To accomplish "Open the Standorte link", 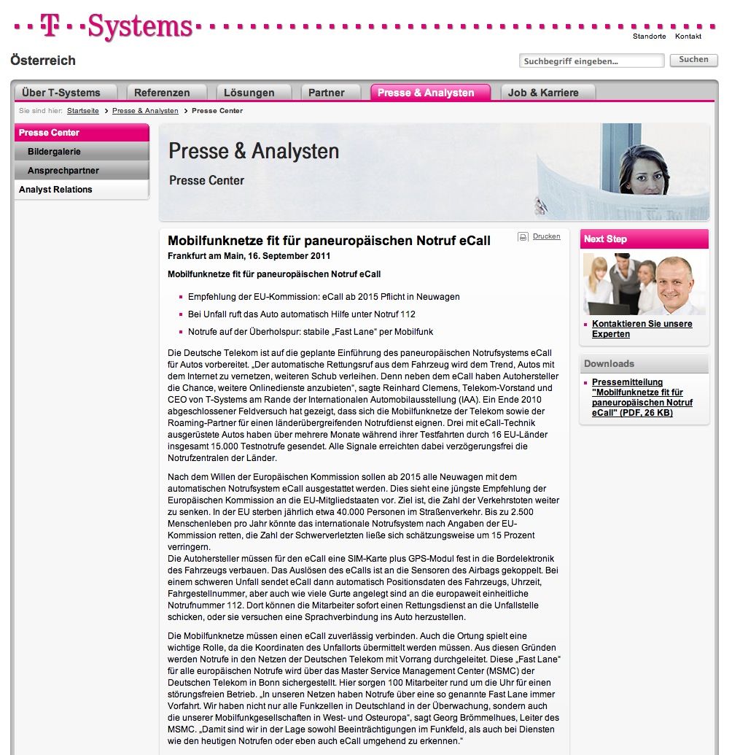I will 649,36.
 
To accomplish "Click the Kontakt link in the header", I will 688,36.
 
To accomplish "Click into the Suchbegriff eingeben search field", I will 591,61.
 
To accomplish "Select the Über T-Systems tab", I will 61,93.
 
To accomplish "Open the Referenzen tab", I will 162,93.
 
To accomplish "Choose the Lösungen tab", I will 249,93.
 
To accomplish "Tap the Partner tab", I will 327,93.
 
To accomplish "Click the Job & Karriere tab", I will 543,93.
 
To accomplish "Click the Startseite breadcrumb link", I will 82,111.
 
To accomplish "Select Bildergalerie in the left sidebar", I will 54,152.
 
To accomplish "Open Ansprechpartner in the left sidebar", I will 63,171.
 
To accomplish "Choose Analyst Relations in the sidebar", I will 55,190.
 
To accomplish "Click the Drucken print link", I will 546,236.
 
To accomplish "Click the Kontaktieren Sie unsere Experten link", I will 642,329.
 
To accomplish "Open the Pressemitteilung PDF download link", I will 642,398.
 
